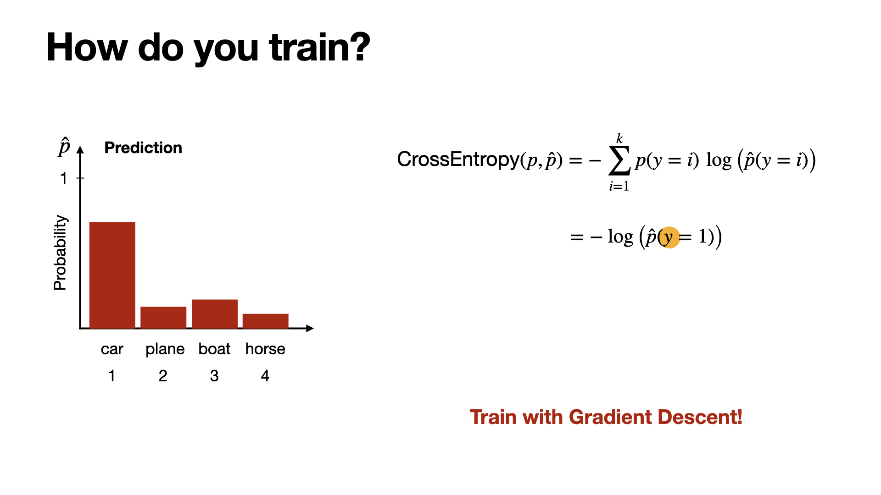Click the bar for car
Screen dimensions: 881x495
[x=112, y=275]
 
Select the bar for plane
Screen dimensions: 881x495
[x=163, y=317]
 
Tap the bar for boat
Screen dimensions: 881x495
[x=214, y=314]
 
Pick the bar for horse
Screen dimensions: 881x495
[x=265, y=321]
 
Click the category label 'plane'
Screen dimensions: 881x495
[x=165, y=350]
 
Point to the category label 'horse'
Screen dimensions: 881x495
[x=265, y=349]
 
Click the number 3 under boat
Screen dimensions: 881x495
[x=214, y=376]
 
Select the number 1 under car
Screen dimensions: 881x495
[x=112, y=376]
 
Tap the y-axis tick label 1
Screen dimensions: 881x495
[x=64, y=178]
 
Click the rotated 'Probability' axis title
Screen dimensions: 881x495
[x=60, y=253]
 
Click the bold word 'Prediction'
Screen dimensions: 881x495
[x=143, y=148]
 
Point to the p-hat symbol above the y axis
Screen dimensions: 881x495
[x=64, y=147]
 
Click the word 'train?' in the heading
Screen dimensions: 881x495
[x=320, y=47]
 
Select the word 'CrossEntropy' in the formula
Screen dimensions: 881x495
[x=458, y=159]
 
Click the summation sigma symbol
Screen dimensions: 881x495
[x=619, y=161]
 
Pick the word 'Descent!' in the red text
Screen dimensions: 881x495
[x=700, y=417]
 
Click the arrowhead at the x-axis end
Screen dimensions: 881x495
[x=310, y=328]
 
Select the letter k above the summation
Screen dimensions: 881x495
[x=619, y=138]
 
